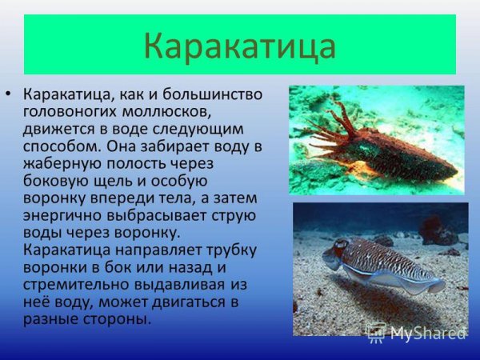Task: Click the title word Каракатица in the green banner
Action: tap(240, 46)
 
